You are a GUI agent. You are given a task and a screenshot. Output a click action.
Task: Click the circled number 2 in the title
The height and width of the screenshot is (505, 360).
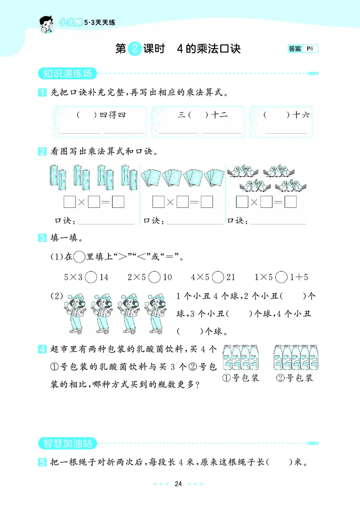[135, 49]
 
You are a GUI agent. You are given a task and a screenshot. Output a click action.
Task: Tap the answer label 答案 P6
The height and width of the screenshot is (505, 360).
[302, 49]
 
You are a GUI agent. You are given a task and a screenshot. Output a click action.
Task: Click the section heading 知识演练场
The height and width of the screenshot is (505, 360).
[65, 73]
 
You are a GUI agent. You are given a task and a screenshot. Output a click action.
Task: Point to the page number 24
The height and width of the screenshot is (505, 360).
[178, 484]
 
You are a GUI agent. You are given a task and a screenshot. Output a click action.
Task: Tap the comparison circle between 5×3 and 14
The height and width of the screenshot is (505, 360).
[91, 277]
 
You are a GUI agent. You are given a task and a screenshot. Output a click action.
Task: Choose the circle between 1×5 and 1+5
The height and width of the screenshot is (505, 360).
[281, 277]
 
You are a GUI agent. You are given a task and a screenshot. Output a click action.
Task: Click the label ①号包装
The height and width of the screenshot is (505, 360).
[241, 377]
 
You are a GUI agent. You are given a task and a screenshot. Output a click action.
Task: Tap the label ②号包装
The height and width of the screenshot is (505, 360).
[294, 377]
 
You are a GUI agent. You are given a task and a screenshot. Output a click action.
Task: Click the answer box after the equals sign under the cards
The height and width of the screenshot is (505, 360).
[207, 202]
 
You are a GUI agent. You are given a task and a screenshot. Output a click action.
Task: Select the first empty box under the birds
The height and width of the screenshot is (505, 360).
[242, 202]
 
